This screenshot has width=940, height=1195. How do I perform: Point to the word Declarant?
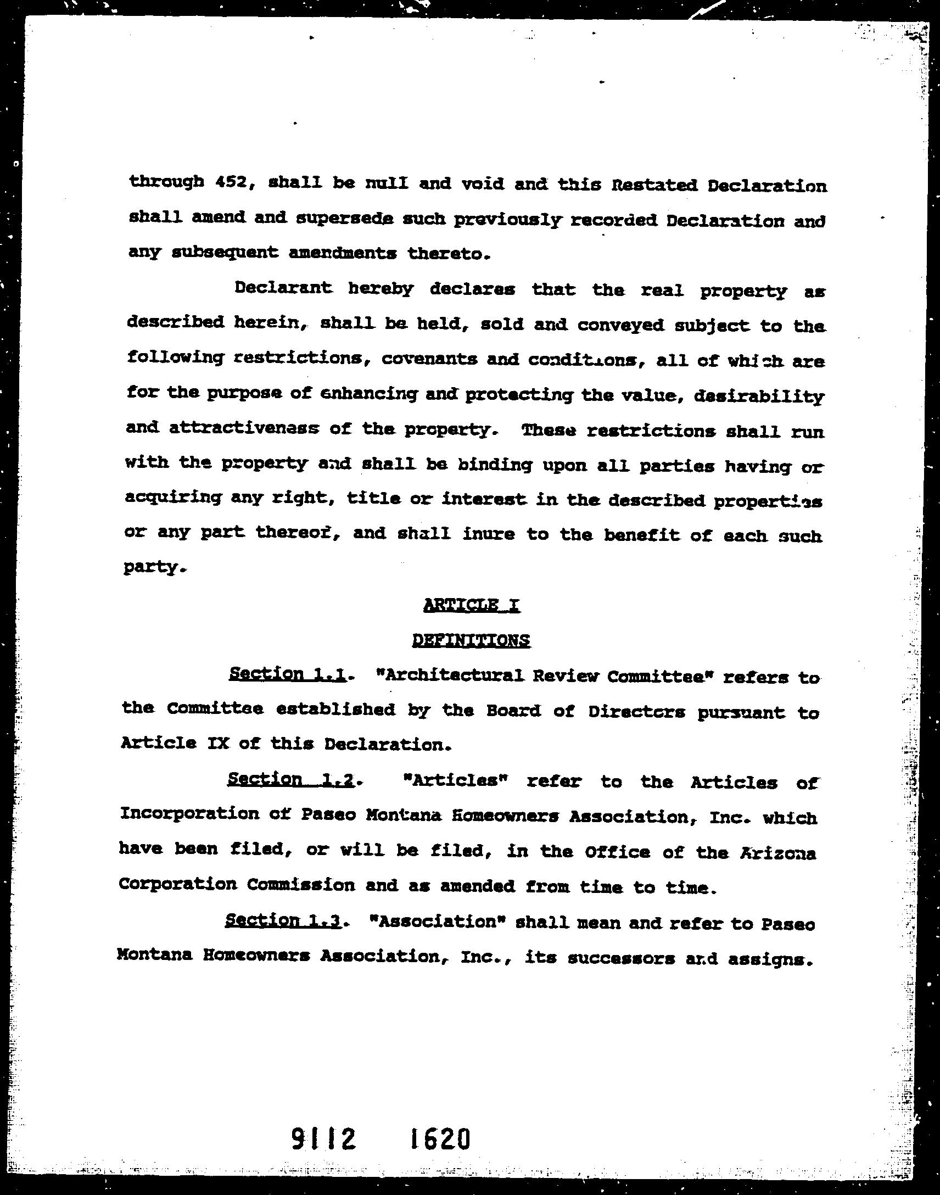[x=283, y=288]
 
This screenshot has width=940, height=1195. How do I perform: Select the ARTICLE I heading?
[x=472, y=606]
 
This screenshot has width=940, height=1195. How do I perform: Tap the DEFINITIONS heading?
[x=471, y=640]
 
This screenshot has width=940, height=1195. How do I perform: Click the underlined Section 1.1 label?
[x=287, y=674]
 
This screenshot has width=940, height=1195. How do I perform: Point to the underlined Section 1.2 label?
[x=290, y=779]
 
